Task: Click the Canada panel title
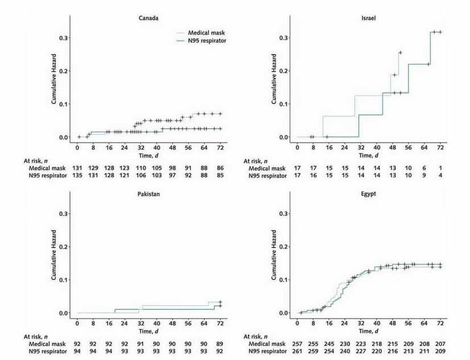tap(149, 18)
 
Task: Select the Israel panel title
tap(368, 18)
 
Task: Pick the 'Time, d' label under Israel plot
tap(368, 155)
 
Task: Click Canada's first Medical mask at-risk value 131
tap(77, 168)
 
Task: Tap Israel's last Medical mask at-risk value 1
tap(440, 168)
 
